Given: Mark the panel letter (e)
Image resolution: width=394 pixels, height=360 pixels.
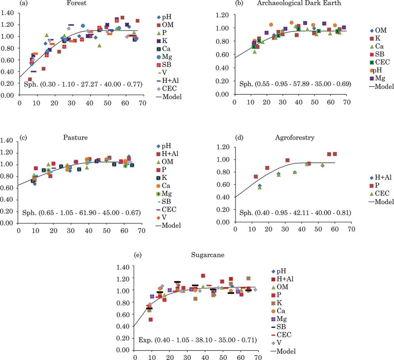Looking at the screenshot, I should click(x=137, y=255).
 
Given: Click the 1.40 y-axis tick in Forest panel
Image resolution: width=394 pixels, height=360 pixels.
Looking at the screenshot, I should click(x=7, y=13).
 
